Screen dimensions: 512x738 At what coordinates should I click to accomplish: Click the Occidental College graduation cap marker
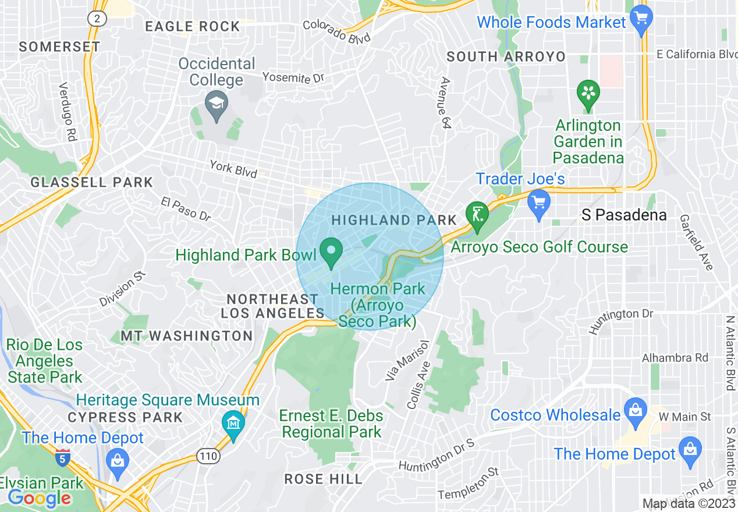[217, 105]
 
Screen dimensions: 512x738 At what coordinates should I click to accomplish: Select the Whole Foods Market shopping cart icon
[641, 19]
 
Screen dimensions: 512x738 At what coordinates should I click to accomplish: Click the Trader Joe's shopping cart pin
[539, 203]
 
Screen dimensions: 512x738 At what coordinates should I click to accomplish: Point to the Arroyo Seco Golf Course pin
[477, 215]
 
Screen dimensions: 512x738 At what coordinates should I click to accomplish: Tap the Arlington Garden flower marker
[588, 94]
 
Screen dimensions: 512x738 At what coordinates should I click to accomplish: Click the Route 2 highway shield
[97, 19]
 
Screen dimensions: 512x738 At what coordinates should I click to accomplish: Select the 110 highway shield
[208, 456]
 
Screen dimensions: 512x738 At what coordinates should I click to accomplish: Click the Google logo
[39, 498]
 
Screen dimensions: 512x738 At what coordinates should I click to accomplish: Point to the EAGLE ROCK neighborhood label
[192, 26]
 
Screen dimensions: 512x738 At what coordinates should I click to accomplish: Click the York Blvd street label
[233, 168]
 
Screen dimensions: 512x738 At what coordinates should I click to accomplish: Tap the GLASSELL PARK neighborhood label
[92, 182]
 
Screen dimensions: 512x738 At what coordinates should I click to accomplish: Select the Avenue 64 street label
[446, 102]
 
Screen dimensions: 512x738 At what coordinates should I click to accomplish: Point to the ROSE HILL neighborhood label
[324, 479]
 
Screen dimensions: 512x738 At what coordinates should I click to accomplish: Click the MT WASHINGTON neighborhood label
[187, 336]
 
